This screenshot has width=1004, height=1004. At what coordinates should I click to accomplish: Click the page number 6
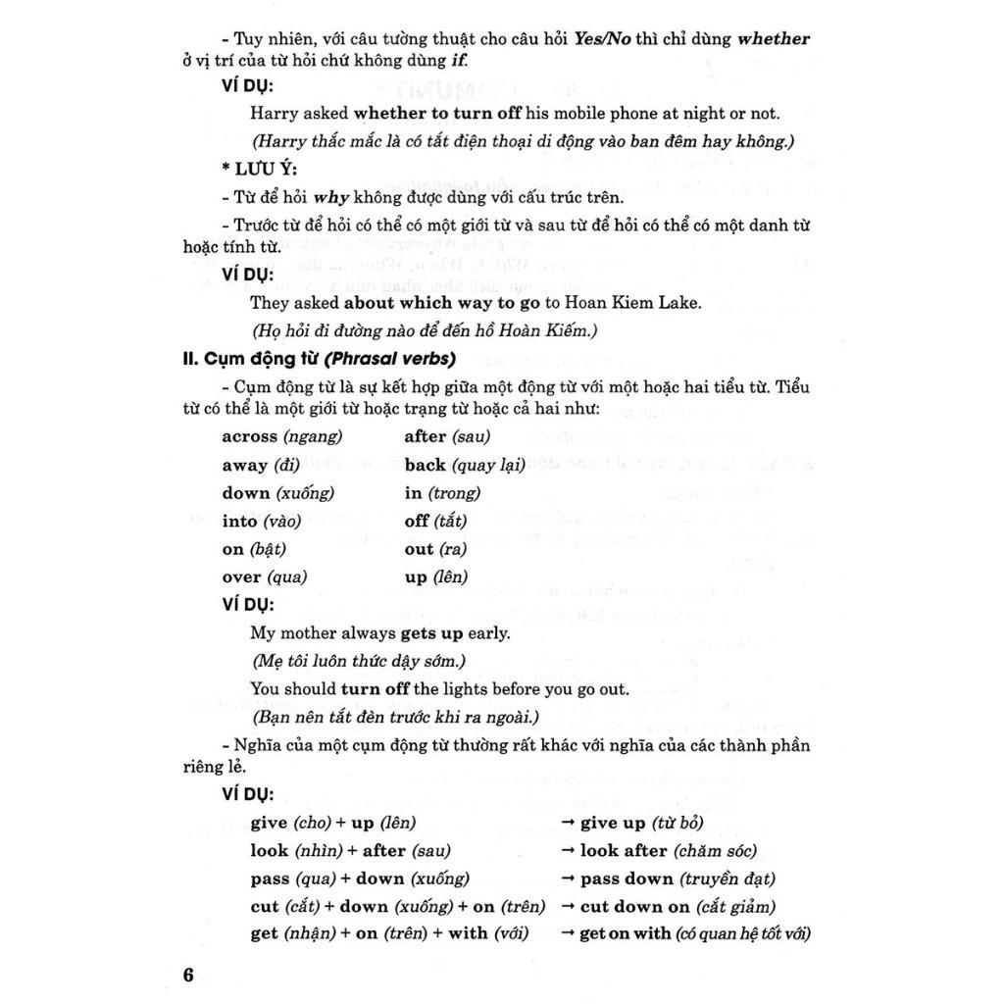189,975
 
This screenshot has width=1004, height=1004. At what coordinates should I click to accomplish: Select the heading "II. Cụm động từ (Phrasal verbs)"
319,359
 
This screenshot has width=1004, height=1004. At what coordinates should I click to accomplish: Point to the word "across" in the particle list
249,437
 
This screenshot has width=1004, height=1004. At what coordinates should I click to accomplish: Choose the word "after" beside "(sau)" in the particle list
425,437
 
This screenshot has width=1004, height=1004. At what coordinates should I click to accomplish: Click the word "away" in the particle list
244,465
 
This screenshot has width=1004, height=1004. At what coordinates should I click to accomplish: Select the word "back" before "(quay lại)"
425,465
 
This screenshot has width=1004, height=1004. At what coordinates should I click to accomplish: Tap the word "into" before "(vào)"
239,522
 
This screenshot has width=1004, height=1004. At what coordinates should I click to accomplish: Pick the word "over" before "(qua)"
241,577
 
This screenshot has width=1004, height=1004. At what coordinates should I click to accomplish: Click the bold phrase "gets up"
431,633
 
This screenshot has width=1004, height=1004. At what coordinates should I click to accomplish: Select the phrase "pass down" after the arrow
627,879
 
